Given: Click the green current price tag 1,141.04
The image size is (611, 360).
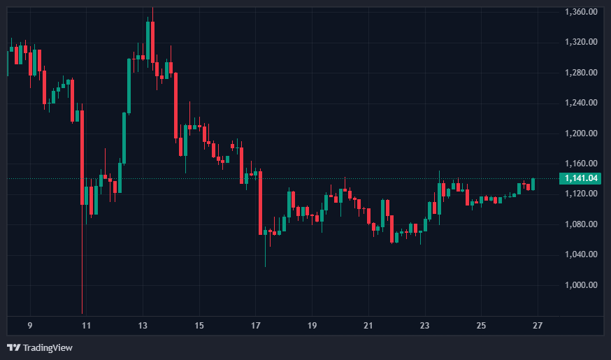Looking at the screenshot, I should pyautogui.click(x=582, y=178).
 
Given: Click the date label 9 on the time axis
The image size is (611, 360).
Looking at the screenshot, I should pyautogui.click(x=30, y=326).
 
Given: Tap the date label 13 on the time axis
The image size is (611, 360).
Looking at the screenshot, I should pyautogui.click(x=143, y=326).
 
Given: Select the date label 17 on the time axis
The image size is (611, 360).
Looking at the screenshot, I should pyautogui.click(x=256, y=326).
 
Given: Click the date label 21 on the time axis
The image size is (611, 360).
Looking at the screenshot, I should pyautogui.click(x=369, y=326).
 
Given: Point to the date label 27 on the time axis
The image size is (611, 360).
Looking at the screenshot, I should pyautogui.click(x=538, y=326).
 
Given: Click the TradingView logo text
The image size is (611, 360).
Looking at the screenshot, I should pyautogui.click(x=48, y=347).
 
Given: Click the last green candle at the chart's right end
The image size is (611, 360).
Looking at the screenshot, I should pyautogui.click(x=533, y=184).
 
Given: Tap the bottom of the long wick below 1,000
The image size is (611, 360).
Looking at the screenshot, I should pyautogui.click(x=82, y=312).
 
